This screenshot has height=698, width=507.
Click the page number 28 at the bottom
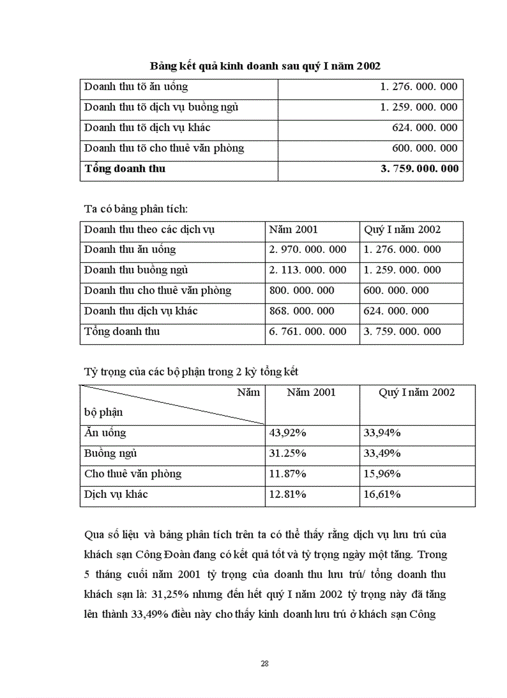pos(265,664)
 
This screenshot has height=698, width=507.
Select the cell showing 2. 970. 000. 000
pos(308,250)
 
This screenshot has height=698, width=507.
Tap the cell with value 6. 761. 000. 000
pos(308,332)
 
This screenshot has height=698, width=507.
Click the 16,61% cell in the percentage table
pos(382,495)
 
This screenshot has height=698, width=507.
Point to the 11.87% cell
pos(288,474)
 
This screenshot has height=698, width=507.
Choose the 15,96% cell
pos(382,474)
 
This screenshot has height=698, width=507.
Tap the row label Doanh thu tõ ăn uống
pos(135,87)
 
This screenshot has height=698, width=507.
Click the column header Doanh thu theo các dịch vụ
pos(150,229)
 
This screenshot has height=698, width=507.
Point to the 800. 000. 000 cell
pos(301,291)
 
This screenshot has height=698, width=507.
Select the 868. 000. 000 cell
pos(301,311)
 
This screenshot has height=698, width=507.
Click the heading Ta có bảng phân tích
pos(140,209)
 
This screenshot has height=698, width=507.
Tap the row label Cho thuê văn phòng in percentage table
pos(133,474)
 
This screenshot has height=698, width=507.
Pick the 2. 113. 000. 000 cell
pos(308,270)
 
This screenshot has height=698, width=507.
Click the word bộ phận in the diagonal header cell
pos(104,412)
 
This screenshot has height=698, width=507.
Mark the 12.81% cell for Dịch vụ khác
pos(288,495)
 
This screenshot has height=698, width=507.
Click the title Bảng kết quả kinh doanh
pos(265,66)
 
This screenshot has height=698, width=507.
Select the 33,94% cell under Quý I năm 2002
pos(382,433)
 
